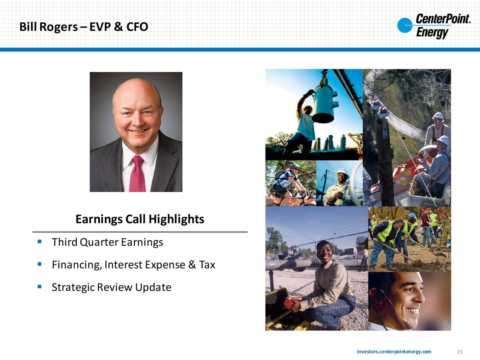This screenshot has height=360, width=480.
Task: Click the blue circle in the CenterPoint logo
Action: coord(405,25)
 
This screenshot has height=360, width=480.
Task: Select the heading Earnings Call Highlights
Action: coord(140,219)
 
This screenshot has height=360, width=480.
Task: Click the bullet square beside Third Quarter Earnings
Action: coord(40,241)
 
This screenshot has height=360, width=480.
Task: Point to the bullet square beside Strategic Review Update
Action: coord(40,286)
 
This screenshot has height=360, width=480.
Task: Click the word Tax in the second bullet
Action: coord(207,265)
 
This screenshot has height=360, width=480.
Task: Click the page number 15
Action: coord(459,352)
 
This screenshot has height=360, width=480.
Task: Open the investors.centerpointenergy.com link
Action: coord(394,352)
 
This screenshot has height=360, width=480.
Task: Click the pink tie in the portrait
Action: coord(137,174)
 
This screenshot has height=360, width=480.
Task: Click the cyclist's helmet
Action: coord(294,166)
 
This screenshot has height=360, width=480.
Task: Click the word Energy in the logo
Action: coord(432,33)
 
